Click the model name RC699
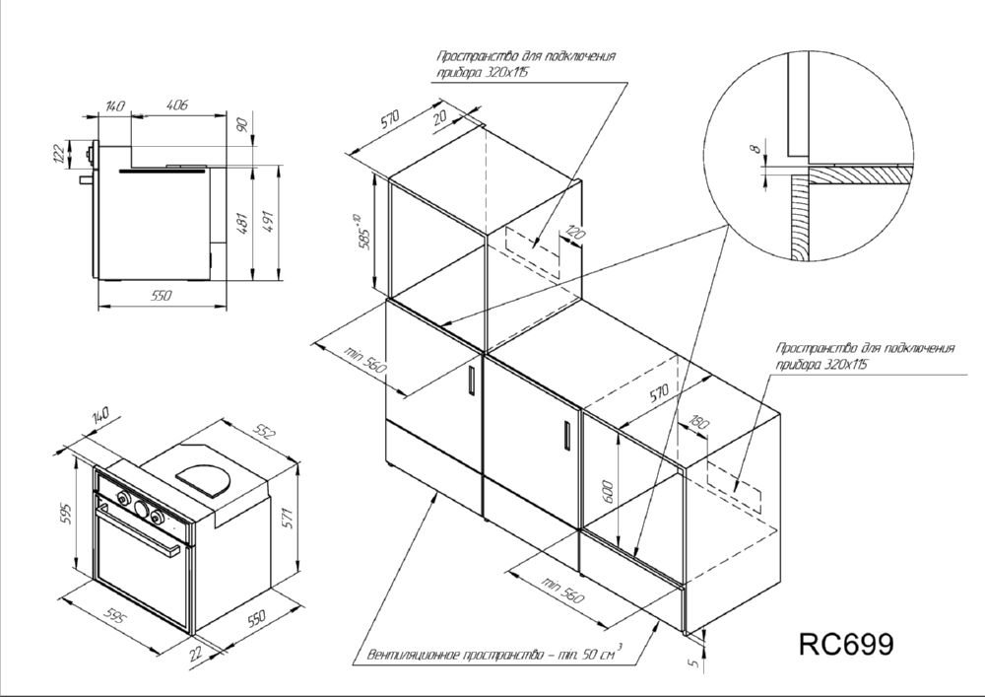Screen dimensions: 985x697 click(x=845, y=644)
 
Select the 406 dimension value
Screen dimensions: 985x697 click(x=177, y=105)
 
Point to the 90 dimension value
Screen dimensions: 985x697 click(x=244, y=124)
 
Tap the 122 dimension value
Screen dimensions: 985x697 click(x=59, y=154)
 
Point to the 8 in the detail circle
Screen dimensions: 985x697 click(x=757, y=149)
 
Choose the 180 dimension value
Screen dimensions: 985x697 click(x=698, y=423)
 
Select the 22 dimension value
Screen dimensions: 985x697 click(x=196, y=653)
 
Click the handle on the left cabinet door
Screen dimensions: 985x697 click(x=471, y=379)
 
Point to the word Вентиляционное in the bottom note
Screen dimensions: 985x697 click(x=414, y=656)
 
